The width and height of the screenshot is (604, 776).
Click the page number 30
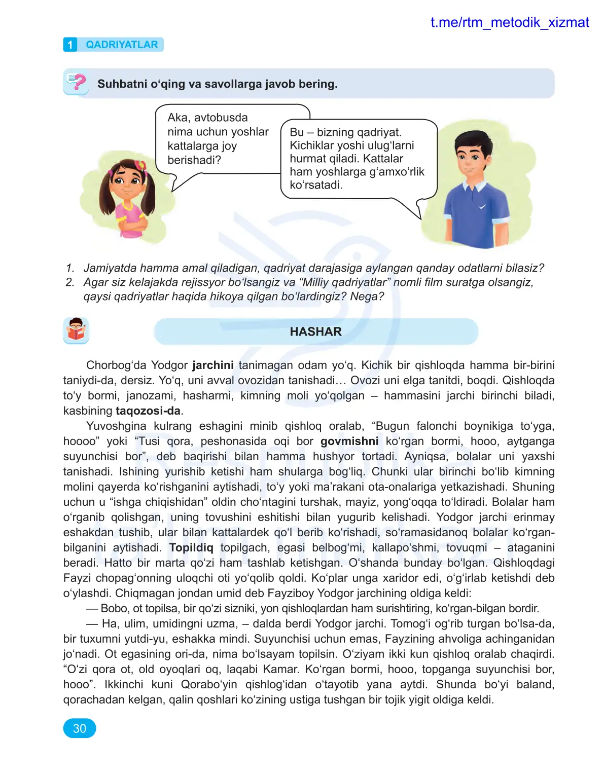80,728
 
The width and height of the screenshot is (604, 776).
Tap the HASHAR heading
315,331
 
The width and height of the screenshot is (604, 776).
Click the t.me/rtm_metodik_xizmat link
509,22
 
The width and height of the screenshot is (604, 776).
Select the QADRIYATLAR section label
122,45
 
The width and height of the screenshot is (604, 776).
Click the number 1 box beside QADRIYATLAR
70,45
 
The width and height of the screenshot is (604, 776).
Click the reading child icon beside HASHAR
76,330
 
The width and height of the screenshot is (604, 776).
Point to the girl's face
126,180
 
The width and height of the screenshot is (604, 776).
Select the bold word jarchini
213,365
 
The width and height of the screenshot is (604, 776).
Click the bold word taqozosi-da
148,411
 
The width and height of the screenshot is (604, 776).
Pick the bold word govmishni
349,441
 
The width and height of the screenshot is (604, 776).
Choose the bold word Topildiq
191,547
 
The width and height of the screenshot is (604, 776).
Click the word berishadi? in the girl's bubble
194,160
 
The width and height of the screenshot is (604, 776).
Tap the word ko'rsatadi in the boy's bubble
316,185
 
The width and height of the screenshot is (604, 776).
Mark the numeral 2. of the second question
70,282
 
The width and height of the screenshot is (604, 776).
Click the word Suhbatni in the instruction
122,84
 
